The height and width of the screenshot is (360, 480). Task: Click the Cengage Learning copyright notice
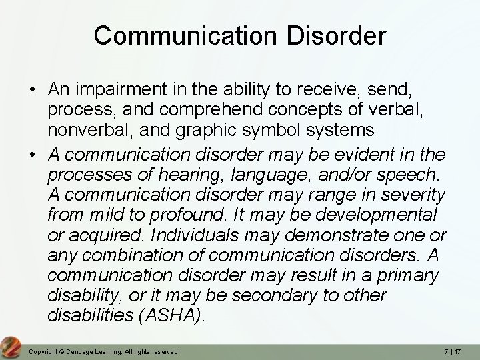[105, 351]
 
